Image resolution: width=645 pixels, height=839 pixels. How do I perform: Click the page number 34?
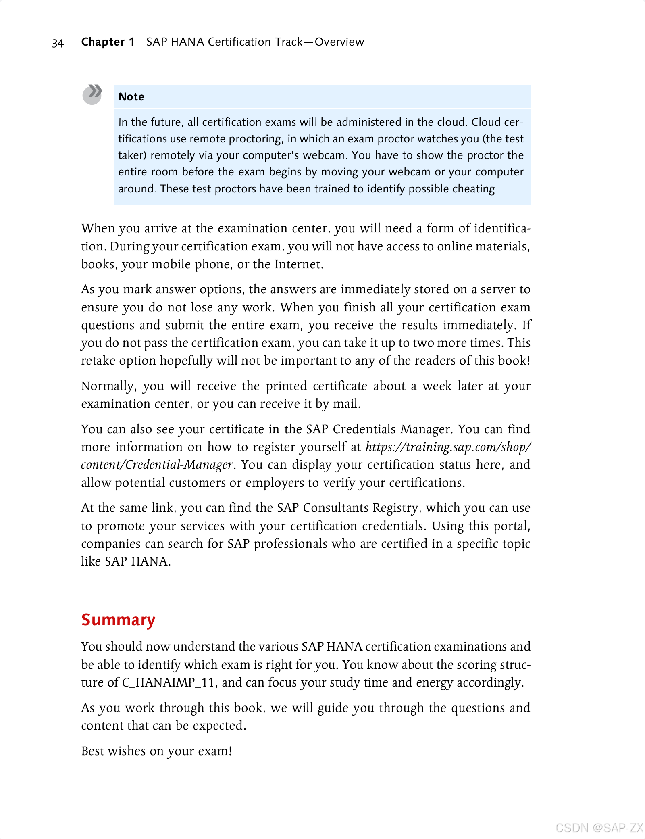(58, 43)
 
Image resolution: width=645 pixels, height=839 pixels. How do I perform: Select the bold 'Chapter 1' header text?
(108, 42)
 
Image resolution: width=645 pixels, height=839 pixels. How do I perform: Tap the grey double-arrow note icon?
(92, 94)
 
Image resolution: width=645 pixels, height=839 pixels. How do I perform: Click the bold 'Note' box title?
(131, 97)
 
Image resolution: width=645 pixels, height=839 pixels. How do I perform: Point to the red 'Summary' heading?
(118, 620)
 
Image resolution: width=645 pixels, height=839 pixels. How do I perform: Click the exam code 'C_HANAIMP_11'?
(168, 682)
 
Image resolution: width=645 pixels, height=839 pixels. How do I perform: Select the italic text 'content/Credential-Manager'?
(157, 465)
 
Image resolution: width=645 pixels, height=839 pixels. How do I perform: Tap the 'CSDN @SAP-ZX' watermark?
(599, 828)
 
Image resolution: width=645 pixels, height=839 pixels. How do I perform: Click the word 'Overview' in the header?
(339, 42)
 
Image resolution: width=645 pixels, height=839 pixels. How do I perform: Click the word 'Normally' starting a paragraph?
(108, 386)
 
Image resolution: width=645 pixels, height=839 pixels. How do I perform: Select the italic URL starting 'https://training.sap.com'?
(448, 447)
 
